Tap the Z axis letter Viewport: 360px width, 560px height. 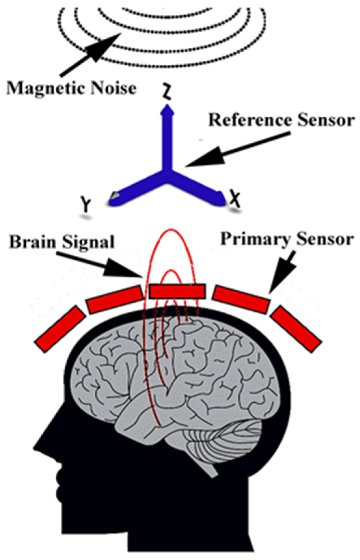(167, 93)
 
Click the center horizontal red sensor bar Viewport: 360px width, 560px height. (177, 291)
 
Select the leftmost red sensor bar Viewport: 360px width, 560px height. (60, 329)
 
